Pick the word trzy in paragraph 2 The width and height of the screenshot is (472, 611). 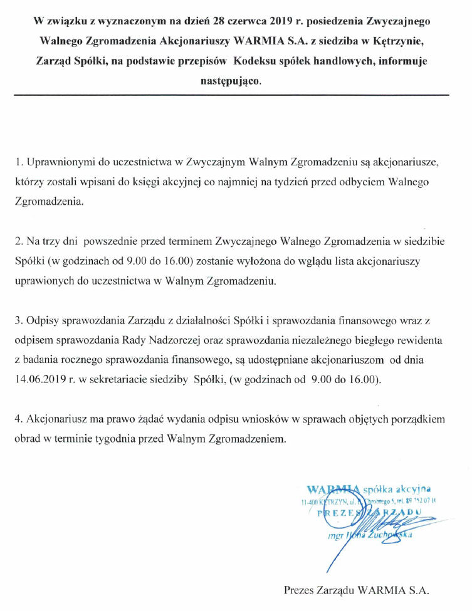[x=52, y=240]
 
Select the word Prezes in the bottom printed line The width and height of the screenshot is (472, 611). [x=301, y=589]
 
